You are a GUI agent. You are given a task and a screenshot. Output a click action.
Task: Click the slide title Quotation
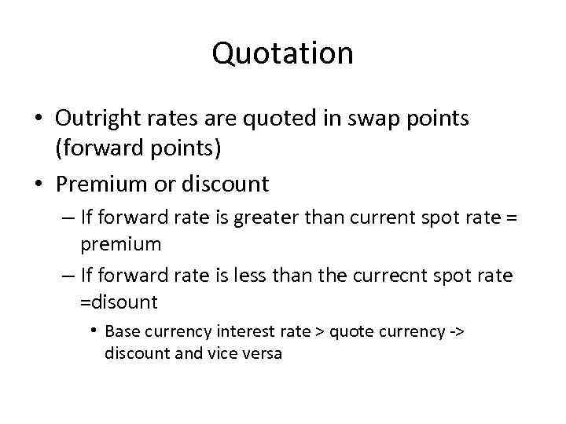coord(282,53)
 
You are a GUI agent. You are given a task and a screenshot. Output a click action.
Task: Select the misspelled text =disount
coord(119,302)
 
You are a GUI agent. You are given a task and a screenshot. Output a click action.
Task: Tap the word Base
coord(120,331)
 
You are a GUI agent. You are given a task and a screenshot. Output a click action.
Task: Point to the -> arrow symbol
coord(457,331)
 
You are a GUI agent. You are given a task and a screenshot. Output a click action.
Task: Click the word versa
coord(263,353)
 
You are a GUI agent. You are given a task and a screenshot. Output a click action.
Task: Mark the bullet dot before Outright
coord(39,119)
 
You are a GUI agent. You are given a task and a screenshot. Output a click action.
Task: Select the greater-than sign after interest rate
coord(320,331)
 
